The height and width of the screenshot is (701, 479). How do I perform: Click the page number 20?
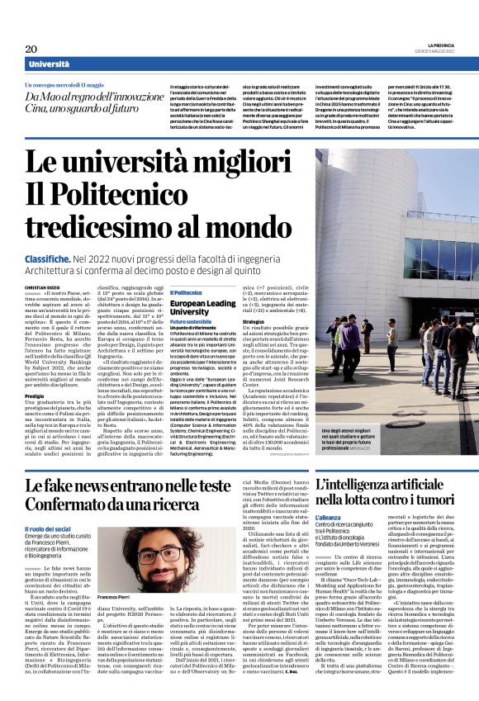pyautogui.click(x=31, y=50)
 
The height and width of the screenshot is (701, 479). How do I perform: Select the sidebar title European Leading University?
pyautogui.click(x=202, y=307)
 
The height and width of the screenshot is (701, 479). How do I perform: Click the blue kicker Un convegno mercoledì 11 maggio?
pyautogui.click(x=66, y=84)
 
